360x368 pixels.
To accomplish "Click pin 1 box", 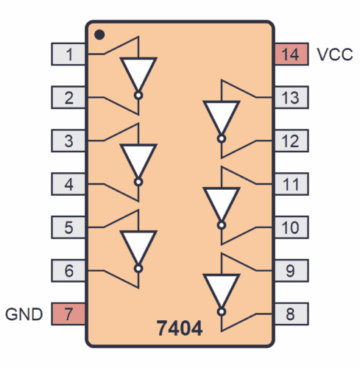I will click(x=68, y=54).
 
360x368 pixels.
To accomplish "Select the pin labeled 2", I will click(x=68, y=96).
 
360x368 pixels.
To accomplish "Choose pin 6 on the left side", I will click(x=68, y=270).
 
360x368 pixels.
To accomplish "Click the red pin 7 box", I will click(x=68, y=314).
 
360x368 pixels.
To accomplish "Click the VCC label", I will click(x=334, y=54).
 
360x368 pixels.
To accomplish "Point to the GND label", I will click(x=25, y=314).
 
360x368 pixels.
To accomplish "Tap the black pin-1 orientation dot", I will click(x=99, y=34).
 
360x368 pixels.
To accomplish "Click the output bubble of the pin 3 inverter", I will click(x=138, y=181).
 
